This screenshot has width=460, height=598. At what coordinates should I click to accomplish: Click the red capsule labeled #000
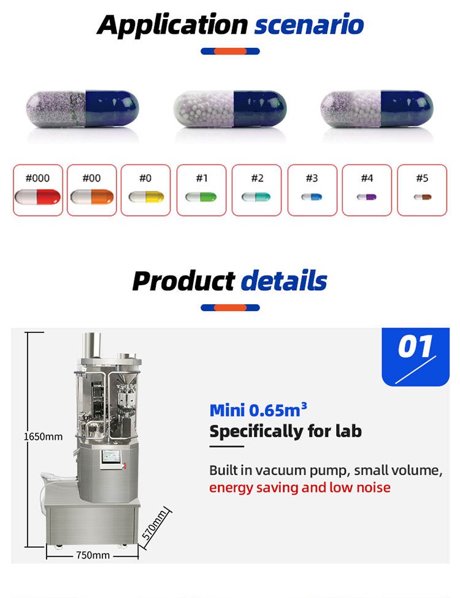[37, 197]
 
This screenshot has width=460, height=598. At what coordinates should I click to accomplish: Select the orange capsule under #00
[91, 197]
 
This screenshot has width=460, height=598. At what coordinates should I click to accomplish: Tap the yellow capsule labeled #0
[146, 197]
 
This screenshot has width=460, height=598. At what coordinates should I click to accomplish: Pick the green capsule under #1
[201, 197]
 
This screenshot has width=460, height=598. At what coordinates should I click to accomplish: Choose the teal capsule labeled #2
[256, 197]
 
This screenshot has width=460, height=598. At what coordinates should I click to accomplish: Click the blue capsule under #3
[312, 197]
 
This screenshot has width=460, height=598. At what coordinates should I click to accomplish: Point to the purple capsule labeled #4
[367, 197]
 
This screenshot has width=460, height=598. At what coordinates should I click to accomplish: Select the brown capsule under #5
[422, 197]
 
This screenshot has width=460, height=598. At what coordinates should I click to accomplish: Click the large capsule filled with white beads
[230, 109]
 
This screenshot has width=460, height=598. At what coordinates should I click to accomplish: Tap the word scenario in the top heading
[309, 25]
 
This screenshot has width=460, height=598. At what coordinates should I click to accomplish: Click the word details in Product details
[283, 281]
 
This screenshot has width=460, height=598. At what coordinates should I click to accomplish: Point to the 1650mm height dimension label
[43, 437]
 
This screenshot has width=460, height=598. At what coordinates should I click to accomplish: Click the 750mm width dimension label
[93, 555]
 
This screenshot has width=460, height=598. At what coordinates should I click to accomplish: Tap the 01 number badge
[415, 347]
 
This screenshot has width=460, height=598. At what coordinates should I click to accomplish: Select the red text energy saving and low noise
[300, 488]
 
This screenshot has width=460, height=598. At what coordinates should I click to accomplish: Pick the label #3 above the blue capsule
[312, 178]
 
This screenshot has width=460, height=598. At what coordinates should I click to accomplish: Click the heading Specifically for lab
[285, 431]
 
